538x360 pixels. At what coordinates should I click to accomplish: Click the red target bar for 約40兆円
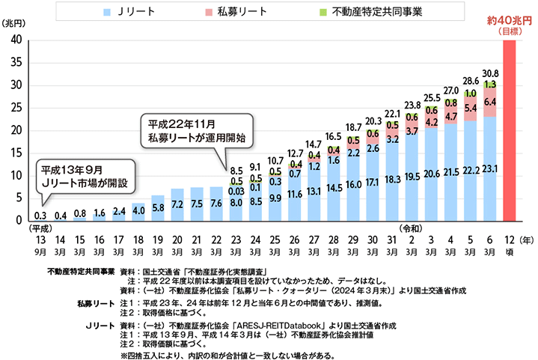[510, 131]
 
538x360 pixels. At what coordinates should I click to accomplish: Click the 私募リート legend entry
[239, 13]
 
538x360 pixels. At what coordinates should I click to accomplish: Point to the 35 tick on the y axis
[16, 63]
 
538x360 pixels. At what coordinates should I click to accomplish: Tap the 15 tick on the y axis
[16, 153]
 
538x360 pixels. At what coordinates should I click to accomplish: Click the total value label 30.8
[489, 73]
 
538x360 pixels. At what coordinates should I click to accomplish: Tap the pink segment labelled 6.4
[489, 102]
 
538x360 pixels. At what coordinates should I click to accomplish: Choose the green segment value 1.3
[489, 85]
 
